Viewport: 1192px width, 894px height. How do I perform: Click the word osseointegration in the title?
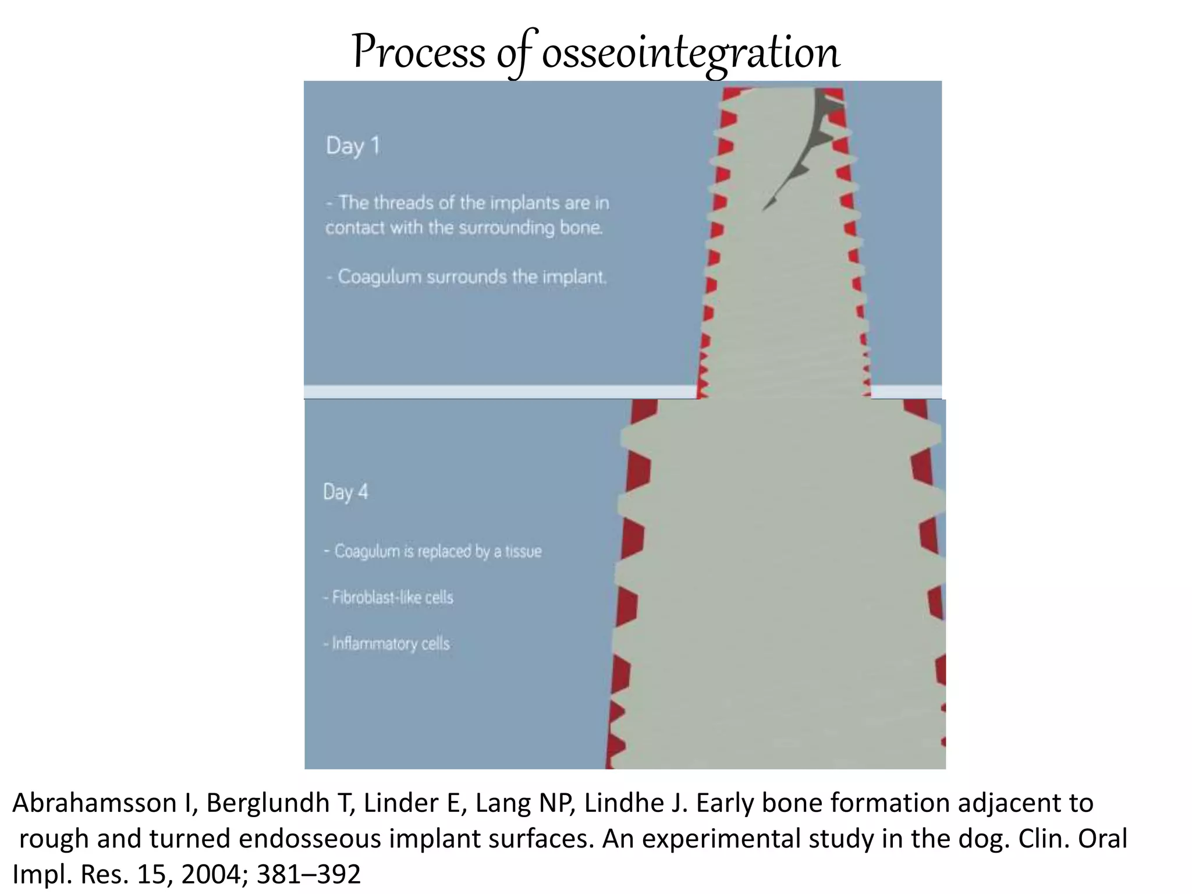click(691, 52)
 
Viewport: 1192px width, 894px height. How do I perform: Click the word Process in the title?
click(418, 52)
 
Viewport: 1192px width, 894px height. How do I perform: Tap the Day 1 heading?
click(353, 146)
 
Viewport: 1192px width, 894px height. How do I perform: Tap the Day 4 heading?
click(346, 492)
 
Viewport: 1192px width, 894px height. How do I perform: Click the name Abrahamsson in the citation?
click(94, 803)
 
